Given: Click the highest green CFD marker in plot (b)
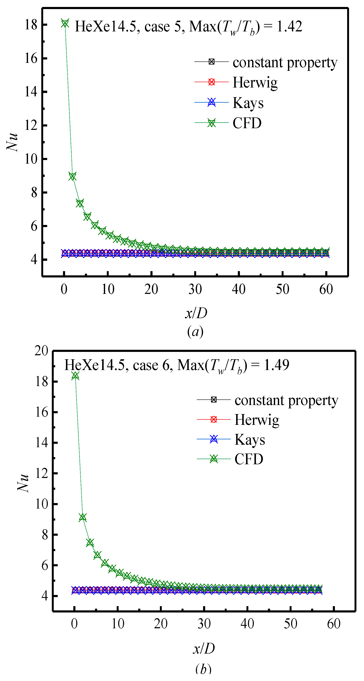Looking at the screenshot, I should coord(76,375).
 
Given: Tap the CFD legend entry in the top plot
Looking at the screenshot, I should coord(247,123).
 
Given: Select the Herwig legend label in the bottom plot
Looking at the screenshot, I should coord(257,420).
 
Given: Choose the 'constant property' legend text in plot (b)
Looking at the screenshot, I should coord(286,400).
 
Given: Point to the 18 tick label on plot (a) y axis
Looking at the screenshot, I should coord(31,25).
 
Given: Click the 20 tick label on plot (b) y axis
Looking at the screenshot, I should coord(41,351).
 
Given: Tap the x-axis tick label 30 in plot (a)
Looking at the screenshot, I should coord(195,289).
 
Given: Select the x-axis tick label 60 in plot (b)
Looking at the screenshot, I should coord(334,624).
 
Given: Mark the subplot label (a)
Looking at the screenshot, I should coord(195,331).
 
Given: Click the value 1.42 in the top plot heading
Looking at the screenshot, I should coord(289,26).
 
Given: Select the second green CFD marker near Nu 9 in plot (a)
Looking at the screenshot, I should coord(72,176).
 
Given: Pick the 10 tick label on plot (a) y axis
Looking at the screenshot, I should coord(31,159).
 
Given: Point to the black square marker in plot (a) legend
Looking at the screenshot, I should coord(211,62).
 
